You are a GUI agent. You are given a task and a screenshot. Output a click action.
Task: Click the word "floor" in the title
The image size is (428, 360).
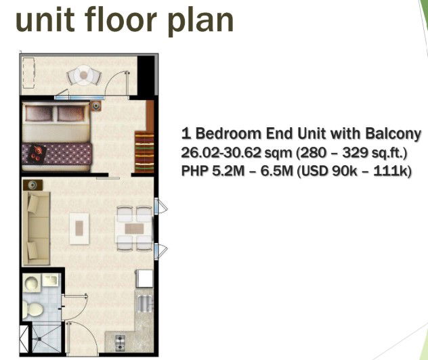121,20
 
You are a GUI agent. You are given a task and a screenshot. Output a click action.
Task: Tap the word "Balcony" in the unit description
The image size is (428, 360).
393,133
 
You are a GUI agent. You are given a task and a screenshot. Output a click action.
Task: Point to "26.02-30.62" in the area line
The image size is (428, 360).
221,152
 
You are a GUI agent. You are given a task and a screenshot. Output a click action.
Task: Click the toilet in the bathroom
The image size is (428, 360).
33,309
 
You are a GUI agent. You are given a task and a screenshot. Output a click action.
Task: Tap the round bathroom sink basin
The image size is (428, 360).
32,283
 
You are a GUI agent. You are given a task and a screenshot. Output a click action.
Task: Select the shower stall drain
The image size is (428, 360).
39,339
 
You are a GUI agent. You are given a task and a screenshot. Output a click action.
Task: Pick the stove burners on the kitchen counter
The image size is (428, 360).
120,342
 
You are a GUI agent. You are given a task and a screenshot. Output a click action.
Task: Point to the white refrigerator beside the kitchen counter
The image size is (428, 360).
144,278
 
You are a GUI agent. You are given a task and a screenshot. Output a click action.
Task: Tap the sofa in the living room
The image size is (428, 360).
36,228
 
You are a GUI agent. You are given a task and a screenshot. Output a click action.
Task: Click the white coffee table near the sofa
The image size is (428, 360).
79,229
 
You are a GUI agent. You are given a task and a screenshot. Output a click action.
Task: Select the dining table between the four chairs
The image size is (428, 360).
134,229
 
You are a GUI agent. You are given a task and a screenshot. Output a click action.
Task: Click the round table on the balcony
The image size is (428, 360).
84,74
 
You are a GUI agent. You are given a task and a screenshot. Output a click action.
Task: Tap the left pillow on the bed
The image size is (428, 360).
39,114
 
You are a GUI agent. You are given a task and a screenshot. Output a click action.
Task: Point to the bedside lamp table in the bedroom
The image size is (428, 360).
95,106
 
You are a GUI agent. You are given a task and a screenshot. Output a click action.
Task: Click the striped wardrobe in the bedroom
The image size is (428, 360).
144,152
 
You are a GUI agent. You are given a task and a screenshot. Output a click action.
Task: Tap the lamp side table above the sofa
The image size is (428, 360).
33,185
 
